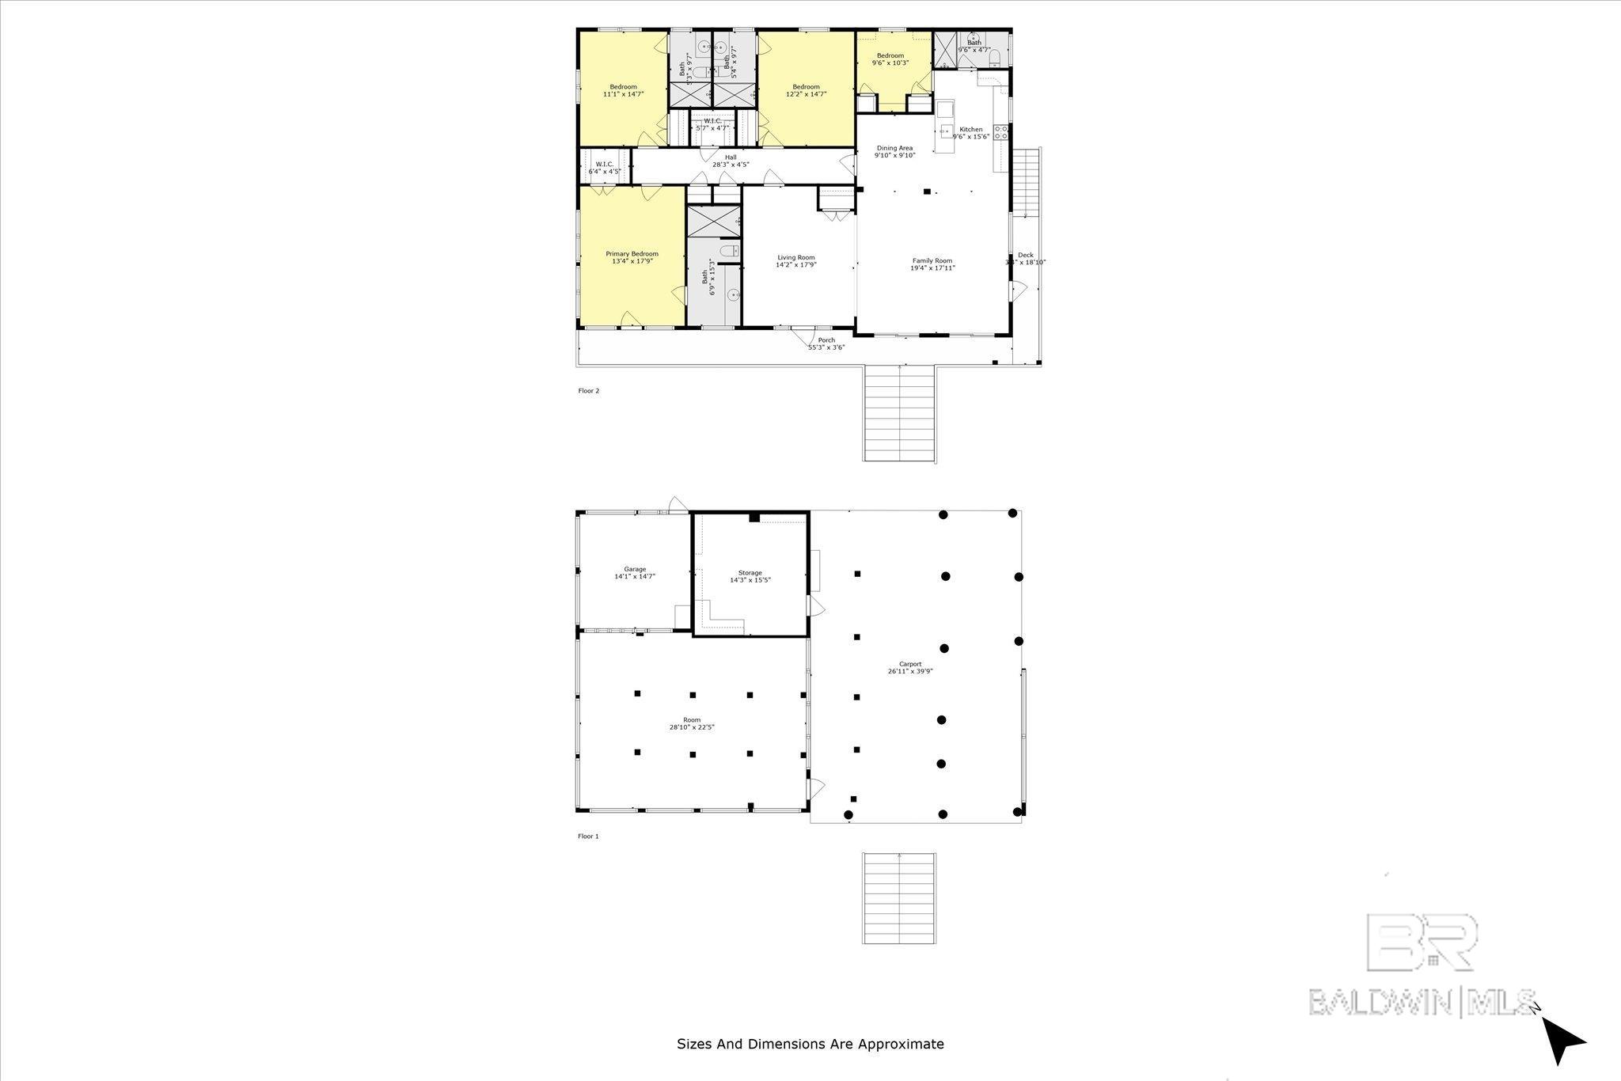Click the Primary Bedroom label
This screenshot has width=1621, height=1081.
pyautogui.click(x=632, y=254)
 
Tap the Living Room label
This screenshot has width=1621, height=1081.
pyautogui.click(x=795, y=257)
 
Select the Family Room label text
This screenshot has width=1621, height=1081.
pyautogui.click(x=932, y=260)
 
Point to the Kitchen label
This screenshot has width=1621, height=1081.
pyautogui.click(x=970, y=130)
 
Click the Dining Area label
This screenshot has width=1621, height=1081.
pyautogui.click(x=894, y=148)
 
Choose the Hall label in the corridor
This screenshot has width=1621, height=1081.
pyautogui.click(x=731, y=157)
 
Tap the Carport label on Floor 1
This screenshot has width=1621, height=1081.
pyautogui.click(x=910, y=664)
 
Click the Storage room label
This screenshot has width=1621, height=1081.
pyautogui.click(x=750, y=573)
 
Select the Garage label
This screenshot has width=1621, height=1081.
pyautogui.click(x=635, y=569)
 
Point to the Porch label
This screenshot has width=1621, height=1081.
pyautogui.click(x=826, y=340)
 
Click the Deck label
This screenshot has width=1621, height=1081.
pyautogui.click(x=1025, y=255)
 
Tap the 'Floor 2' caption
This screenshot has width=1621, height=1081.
pyautogui.click(x=588, y=390)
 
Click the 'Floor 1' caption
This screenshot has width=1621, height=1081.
pyautogui.click(x=588, y=836)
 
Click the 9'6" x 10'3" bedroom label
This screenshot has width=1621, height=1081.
pyautogui.click(x=890, y=63)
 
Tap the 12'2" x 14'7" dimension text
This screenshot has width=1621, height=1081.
pyautogui.click(x=806, y=94)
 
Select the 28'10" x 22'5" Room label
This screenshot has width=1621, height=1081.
pyautogui.click(x=692, y=727)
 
